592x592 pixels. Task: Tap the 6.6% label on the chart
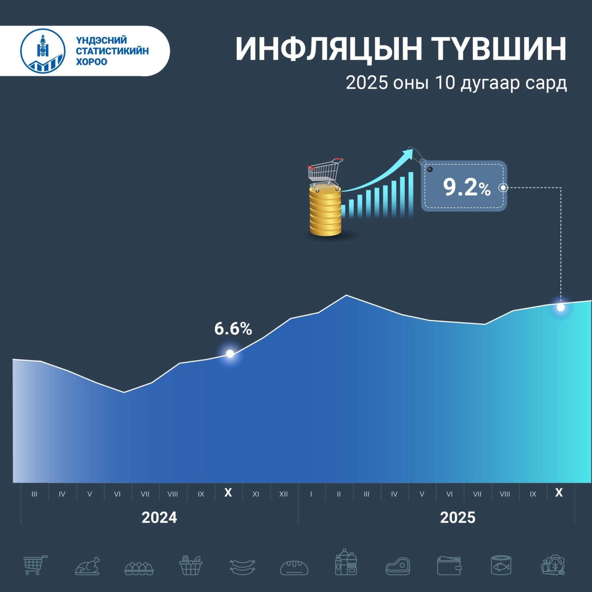point(233,329)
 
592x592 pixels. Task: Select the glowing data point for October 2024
point(230,354)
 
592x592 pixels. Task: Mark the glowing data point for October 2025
point(561,307)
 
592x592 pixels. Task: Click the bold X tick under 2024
point(228,492)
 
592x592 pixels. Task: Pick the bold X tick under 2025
point(559,492)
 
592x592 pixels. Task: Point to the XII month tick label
point(283,494)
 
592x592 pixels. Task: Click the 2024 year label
point(159,517)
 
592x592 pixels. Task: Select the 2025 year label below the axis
point(458,517)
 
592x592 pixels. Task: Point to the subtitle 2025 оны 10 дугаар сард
point(456,83)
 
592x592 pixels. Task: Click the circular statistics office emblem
point(43,51)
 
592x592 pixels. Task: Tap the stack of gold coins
point(325,211)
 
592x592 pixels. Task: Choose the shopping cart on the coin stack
point(325,172)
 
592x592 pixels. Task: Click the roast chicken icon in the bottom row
point(88,566)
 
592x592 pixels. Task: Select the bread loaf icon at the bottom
point(294,567)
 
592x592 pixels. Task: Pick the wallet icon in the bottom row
point(449,566)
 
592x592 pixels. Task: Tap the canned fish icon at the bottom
point(501,565)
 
